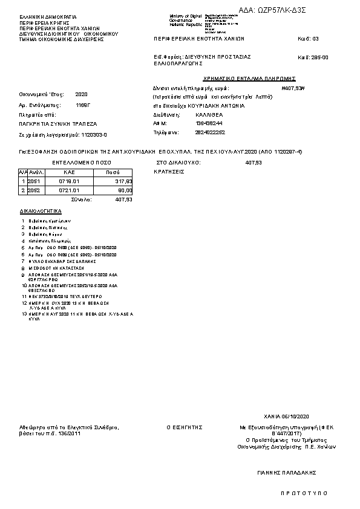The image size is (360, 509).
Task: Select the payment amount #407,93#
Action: coord(293,88)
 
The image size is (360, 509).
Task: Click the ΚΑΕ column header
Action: coord(69,172)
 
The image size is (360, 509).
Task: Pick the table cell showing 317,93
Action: coord(123,181)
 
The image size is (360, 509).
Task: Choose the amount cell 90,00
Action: coord(125,190)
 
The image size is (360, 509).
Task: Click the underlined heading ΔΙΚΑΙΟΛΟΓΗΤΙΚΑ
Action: coord(41,212)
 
